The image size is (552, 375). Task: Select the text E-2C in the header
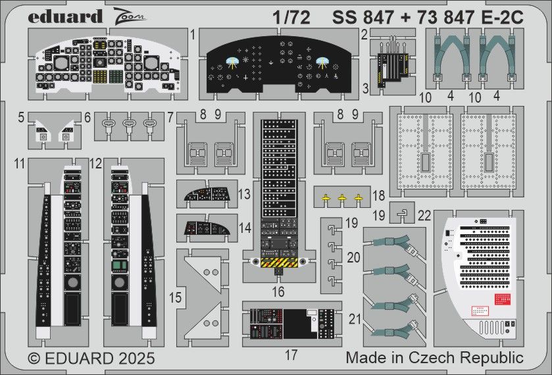[501, 18]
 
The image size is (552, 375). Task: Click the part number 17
[291, 355]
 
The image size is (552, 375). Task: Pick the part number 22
[424, 214]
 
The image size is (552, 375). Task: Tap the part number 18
[378, 197]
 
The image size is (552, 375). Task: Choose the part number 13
[245, 195]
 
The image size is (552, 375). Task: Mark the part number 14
[245, 228]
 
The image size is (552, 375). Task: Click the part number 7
[170, 120]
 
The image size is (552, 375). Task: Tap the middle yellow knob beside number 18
[342, 197]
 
